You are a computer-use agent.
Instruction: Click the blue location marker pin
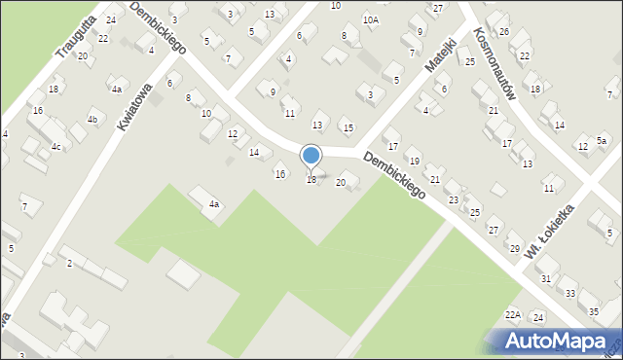[311, 157]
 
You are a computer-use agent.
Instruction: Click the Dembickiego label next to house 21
[394, 175]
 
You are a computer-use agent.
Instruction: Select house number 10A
[371, 19]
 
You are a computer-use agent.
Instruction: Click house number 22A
[513, 315]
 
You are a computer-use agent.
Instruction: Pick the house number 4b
[92, 120]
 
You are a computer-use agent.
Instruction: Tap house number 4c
[56, 147]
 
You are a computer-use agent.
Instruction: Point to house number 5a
[602, 142]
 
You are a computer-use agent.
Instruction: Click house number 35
[594, 311]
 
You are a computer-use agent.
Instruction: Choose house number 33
[570, 293]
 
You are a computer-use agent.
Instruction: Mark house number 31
[546, 279]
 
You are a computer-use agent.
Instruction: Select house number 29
[515, 249]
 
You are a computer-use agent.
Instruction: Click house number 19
[415, 161]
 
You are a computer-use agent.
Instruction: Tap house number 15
[348, 127]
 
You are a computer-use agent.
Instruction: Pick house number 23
[454, 199]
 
